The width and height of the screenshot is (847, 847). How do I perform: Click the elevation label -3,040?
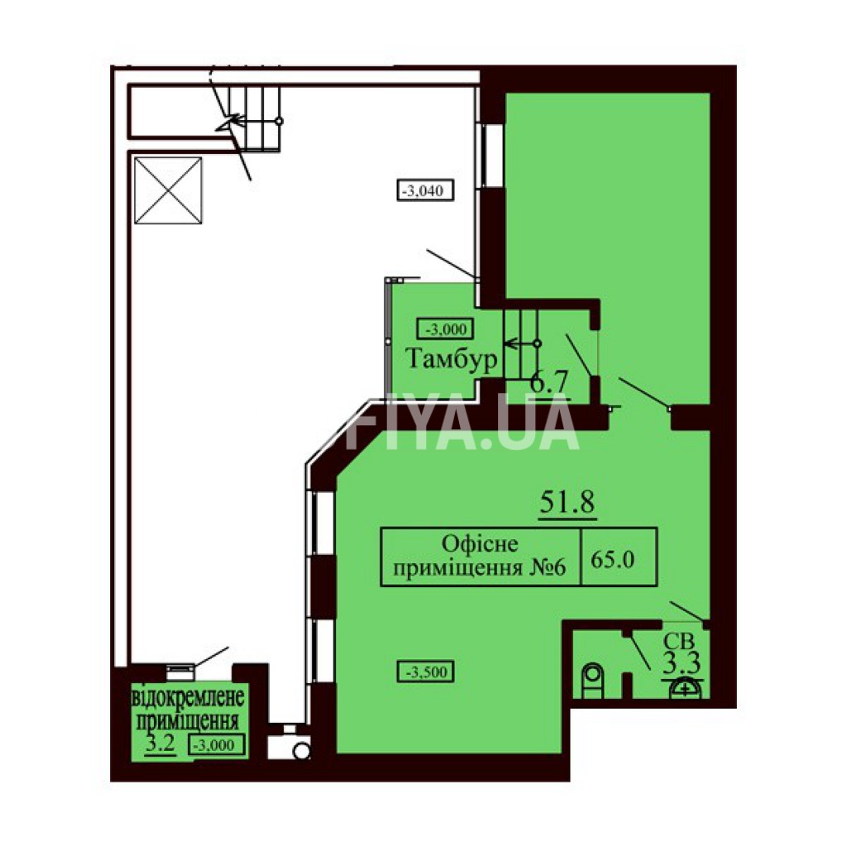coord(424,190)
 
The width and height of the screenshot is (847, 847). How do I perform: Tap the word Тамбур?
coord(451,358)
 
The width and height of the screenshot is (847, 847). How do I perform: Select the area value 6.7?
coord(549,382)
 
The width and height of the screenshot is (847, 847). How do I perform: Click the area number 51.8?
coord(567,502)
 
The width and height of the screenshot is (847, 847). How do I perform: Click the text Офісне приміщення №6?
coord(479,556)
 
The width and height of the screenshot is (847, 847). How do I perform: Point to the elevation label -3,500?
coord(425,672)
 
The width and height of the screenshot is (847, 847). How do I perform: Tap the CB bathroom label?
coord(679,641)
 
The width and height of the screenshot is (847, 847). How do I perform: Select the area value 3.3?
coord(682,663)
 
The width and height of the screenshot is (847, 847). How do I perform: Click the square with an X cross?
coord(168,190)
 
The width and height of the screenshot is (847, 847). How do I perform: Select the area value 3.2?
coord(160,744)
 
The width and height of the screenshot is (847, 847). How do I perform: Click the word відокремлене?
coord(188,696)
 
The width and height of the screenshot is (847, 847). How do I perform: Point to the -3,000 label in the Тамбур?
coord(446,329)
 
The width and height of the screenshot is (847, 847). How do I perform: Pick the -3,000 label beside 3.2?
coord(217,745)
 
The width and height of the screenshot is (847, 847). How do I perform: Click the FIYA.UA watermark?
coord(462,422)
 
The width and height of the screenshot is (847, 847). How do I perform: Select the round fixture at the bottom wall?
coord(301,751)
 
